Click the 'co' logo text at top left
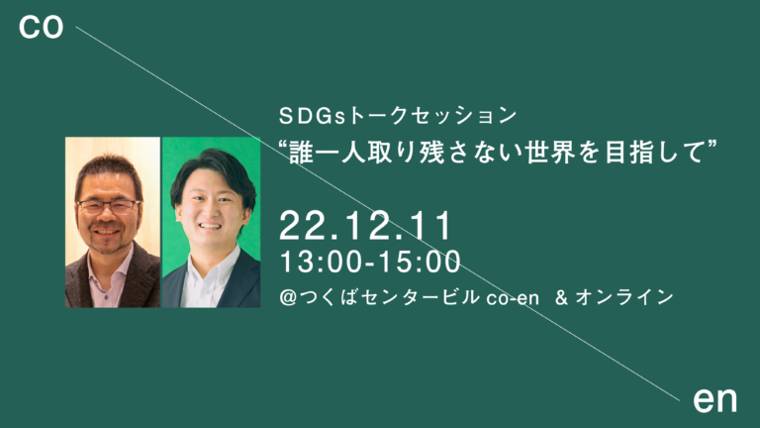42,29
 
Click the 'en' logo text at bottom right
714,399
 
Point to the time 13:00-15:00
370,263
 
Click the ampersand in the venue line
561,296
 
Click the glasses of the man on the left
109,207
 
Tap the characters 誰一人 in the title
330,152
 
